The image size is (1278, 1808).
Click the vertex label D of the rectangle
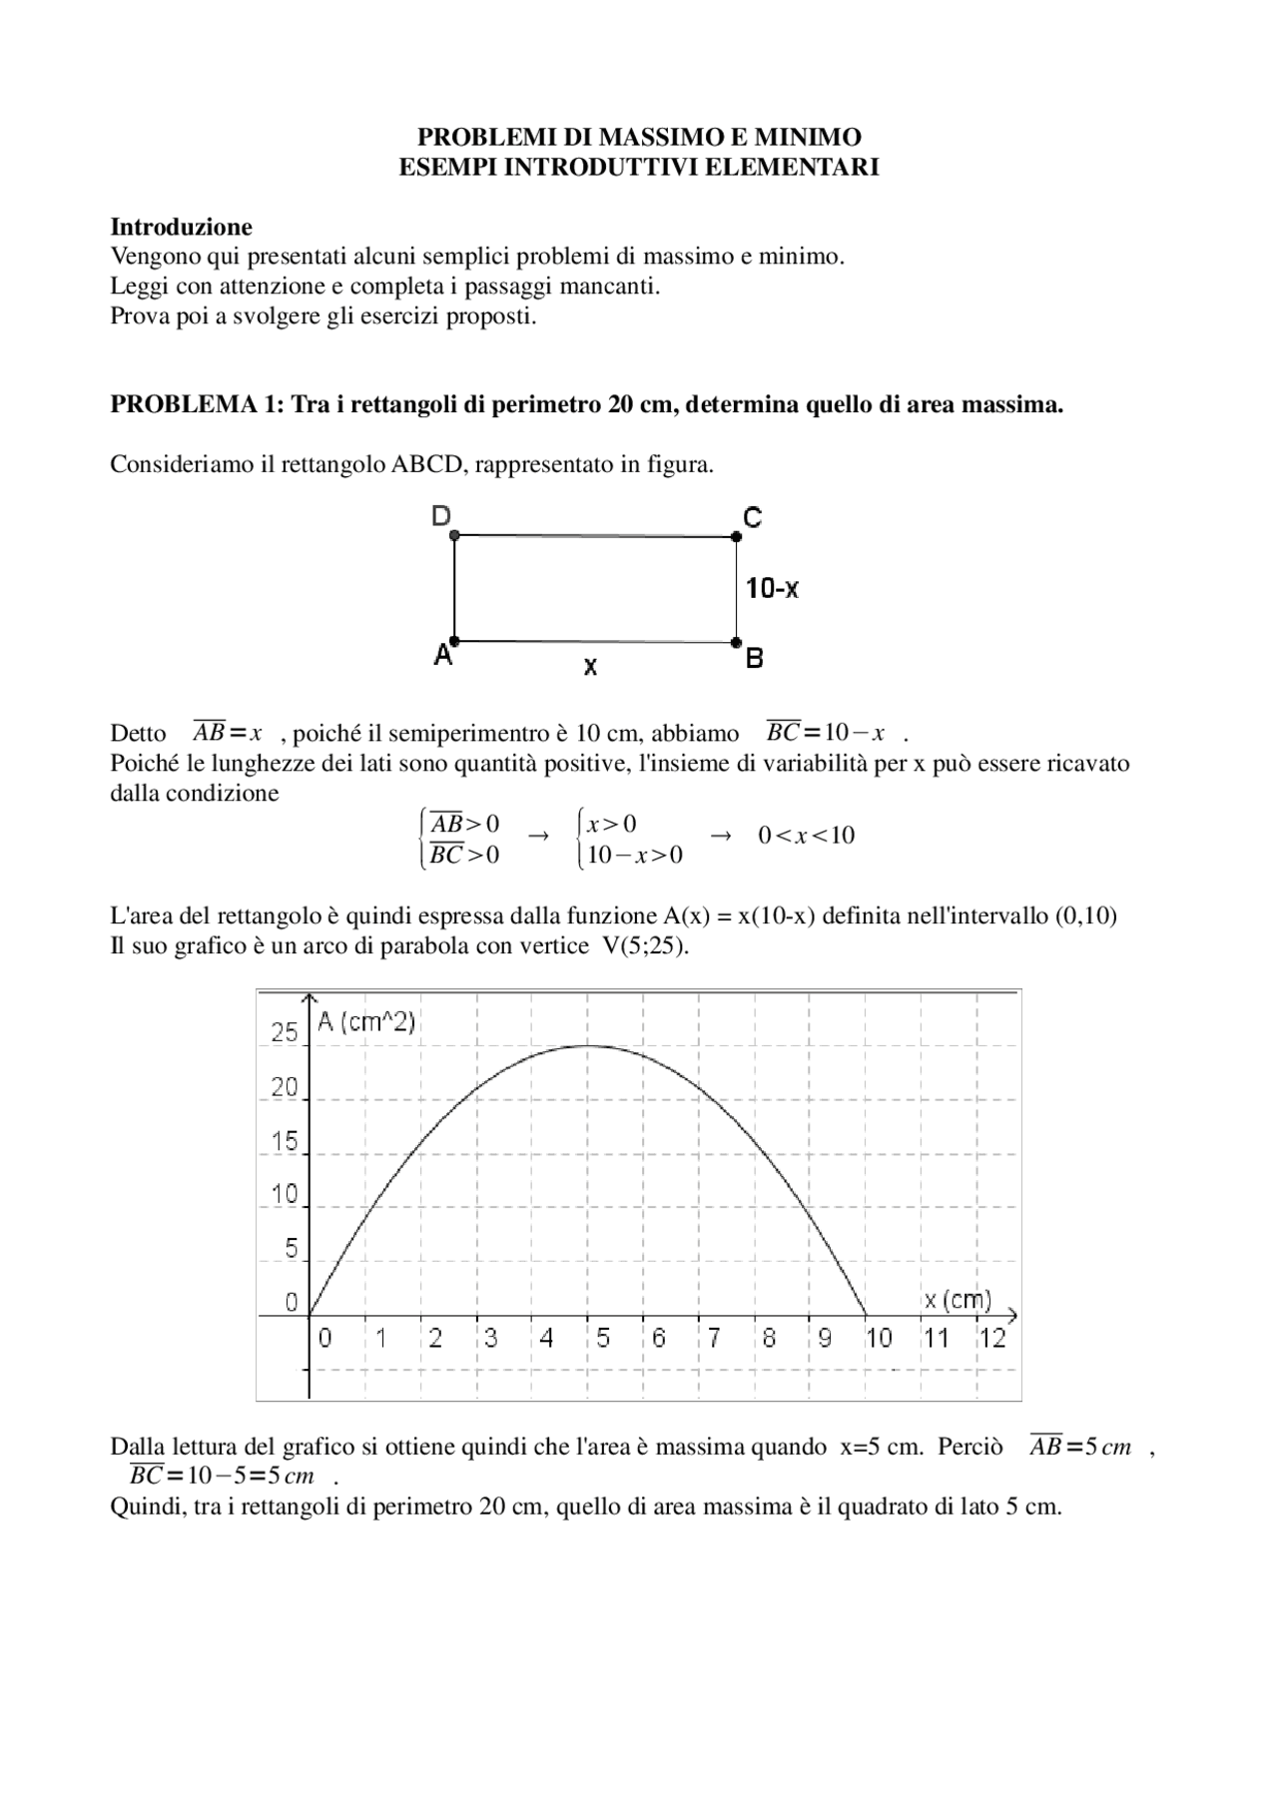(x=440, y=515)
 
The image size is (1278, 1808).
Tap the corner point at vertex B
(x=736, y=641)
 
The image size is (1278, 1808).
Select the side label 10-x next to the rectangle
(x=772, y=588)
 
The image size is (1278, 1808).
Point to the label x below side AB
(x=590, y=666)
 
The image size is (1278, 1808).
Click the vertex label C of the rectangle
(x=752, y=517)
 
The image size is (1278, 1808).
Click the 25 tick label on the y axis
(x=285, y=1032)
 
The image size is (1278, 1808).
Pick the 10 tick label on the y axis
(x=285, y=1194)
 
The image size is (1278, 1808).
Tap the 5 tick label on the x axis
(x=603, y=1338)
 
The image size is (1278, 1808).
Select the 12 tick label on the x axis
(x=991, y=1338)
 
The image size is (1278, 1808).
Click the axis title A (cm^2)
(x=365, y=1021)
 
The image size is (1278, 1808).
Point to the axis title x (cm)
(x=958, y=1299)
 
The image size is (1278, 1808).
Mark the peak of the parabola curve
(x=588, y=1045)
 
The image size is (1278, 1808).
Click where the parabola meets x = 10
(x=866, y=1315)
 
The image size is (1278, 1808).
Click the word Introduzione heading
(x=181, y=227)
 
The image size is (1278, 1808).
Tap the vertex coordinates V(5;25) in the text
(x=644, y=945)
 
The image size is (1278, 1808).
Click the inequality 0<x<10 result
(x=806, y=836)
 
